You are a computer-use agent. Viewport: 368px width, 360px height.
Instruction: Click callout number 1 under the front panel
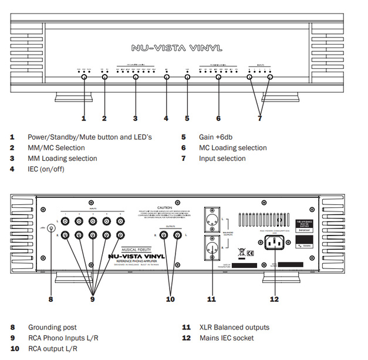[83, 119]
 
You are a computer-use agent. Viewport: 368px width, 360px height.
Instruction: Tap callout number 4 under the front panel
[166, 119]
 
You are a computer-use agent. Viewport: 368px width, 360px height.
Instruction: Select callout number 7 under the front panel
[259, 119]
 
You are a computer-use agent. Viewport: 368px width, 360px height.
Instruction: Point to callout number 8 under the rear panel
[50, 300]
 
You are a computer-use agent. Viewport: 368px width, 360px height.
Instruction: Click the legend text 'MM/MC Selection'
[56, 148]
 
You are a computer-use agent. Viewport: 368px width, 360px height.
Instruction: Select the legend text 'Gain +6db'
[215, 137]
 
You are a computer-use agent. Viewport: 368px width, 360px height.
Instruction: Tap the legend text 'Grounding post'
[52, 327]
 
